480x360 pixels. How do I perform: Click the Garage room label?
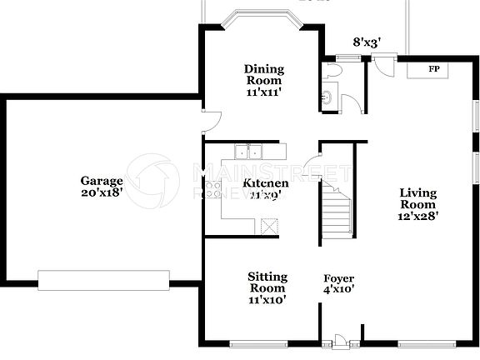(102, 181)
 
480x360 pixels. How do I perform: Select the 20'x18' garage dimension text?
(102, 192)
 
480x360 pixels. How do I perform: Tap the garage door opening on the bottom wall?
(104, 280)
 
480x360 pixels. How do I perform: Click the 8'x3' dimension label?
(367, 41)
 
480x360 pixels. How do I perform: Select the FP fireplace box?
(429, 69)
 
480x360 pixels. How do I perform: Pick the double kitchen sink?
(247, 152)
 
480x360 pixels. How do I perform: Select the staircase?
(337, 213)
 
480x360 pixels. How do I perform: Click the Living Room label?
(417, 198)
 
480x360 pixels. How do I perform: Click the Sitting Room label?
(267, 282)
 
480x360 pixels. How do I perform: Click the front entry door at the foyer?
(340, 341)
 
